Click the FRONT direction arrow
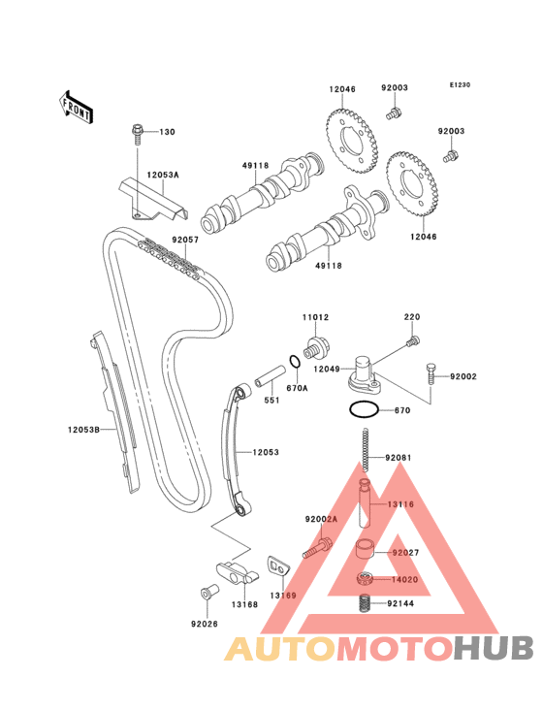click(x=76, y=108)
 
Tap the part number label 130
click(x=167, y=132)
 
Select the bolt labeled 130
click(x=137, y=134)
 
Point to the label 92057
click(x=185, y=240)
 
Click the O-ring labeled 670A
click(x=295, y=362)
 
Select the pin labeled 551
click(x=271, y=375)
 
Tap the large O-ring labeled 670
click(x=364, y=410)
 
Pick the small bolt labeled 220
click(x=413, y=340)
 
